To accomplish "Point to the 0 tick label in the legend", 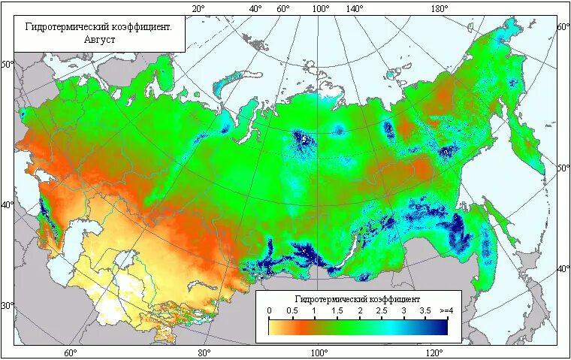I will pyautogui.click(x=269, y=310).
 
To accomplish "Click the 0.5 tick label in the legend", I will pyautogui.click(x=292, y=310).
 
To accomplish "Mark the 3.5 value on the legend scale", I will pyautogui.click(x=425, y=310).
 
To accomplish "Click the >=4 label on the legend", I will pyautogui.click(x=447, y=310).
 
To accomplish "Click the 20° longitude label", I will pyautogui.click(x=198, y=9).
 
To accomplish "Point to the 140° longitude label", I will pyautogui.click(x=355, y=9).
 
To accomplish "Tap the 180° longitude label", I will pyautogui.click(x=440, y=9).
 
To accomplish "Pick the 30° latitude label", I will pyautogui.click(x=7, y=306).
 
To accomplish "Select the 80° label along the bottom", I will pyautogui.click(x=204, y=352).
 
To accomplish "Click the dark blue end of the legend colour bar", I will pyautogui.click(x=442, y=326).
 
